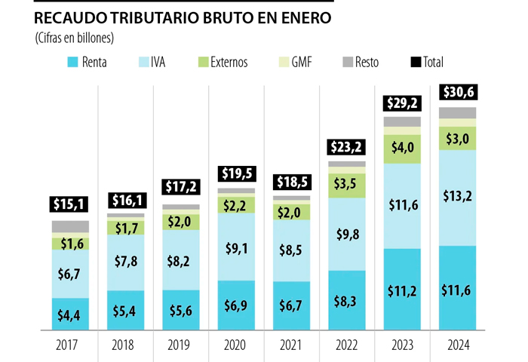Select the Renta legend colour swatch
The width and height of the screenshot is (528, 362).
[x=73, y=62]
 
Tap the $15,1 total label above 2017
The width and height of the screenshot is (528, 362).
[x=70, y=204]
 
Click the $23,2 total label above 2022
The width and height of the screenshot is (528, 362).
[x=347, y=147]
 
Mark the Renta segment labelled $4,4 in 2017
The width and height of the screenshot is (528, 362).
[x=70, y=314]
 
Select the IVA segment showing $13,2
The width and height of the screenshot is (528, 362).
[x=457, y=198]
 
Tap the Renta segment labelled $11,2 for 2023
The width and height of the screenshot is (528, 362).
[x=402, y=289]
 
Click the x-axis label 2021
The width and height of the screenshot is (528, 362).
[x=291, y=347]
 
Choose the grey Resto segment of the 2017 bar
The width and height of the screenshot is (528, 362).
[x=70, y=227]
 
